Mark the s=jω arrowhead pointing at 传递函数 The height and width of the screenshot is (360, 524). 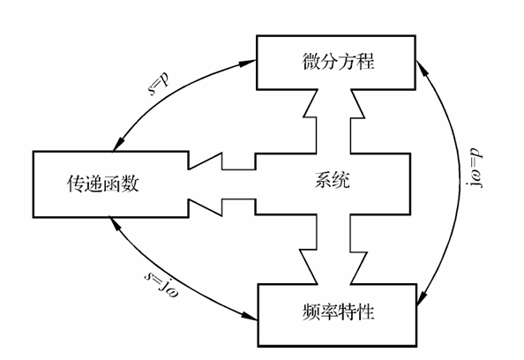point(113,221)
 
